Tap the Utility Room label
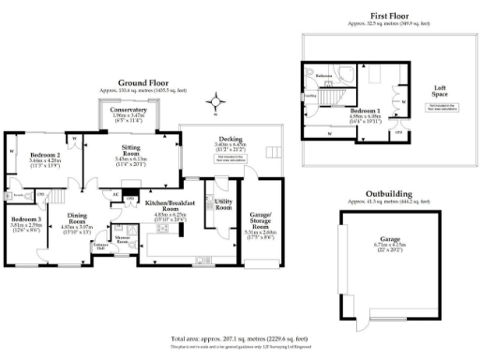coord(223,203)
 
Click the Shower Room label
coord(121,239)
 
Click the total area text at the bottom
coord(240,337)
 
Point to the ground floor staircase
coord(57,194)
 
